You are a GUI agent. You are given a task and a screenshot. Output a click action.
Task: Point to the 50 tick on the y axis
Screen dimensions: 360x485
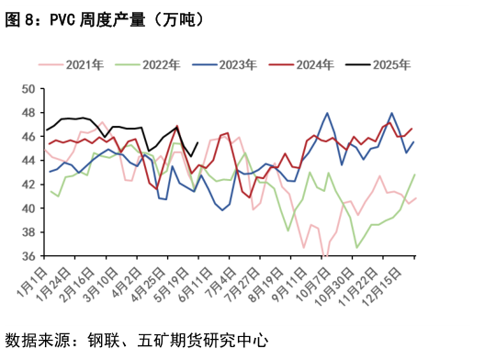[x=28, y=89]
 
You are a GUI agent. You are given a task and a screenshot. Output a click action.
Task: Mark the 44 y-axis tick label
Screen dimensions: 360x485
[x=28, y=161]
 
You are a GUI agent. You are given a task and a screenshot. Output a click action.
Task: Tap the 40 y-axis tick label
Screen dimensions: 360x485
[x=28, y=208]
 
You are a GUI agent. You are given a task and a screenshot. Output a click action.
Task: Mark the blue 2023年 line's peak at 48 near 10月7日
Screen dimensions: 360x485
[x=327, y=113]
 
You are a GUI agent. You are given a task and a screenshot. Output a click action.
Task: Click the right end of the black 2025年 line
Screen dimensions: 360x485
[x=198, y=142]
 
